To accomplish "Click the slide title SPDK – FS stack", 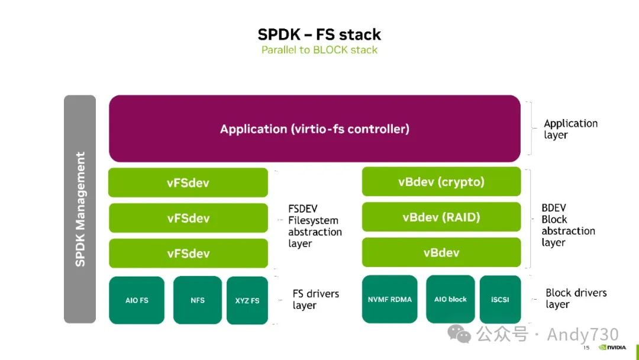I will coord(319,34).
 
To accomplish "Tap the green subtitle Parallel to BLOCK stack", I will coord(319,50).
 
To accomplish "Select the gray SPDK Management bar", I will coord(80,209).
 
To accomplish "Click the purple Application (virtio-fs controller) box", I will coord(315,128).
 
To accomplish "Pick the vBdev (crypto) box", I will coord(441,182).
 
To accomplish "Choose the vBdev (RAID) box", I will coord(441,217).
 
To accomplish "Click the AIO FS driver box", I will coord(137,300).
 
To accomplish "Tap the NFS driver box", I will coord(198,300).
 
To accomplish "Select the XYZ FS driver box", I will coord(247,300).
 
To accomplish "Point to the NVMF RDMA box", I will coord(389,299).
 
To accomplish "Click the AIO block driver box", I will coord(450,299).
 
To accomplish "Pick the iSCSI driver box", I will coord(500,299).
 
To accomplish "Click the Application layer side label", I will coord(570,129).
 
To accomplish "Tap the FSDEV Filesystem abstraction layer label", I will coord(315,226).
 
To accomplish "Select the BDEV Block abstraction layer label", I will coord(568,225).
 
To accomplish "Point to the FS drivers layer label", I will coord(315,300).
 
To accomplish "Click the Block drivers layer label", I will coord(576,298).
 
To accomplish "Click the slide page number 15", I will coord(586,348).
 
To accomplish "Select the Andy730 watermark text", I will coord(582,335).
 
